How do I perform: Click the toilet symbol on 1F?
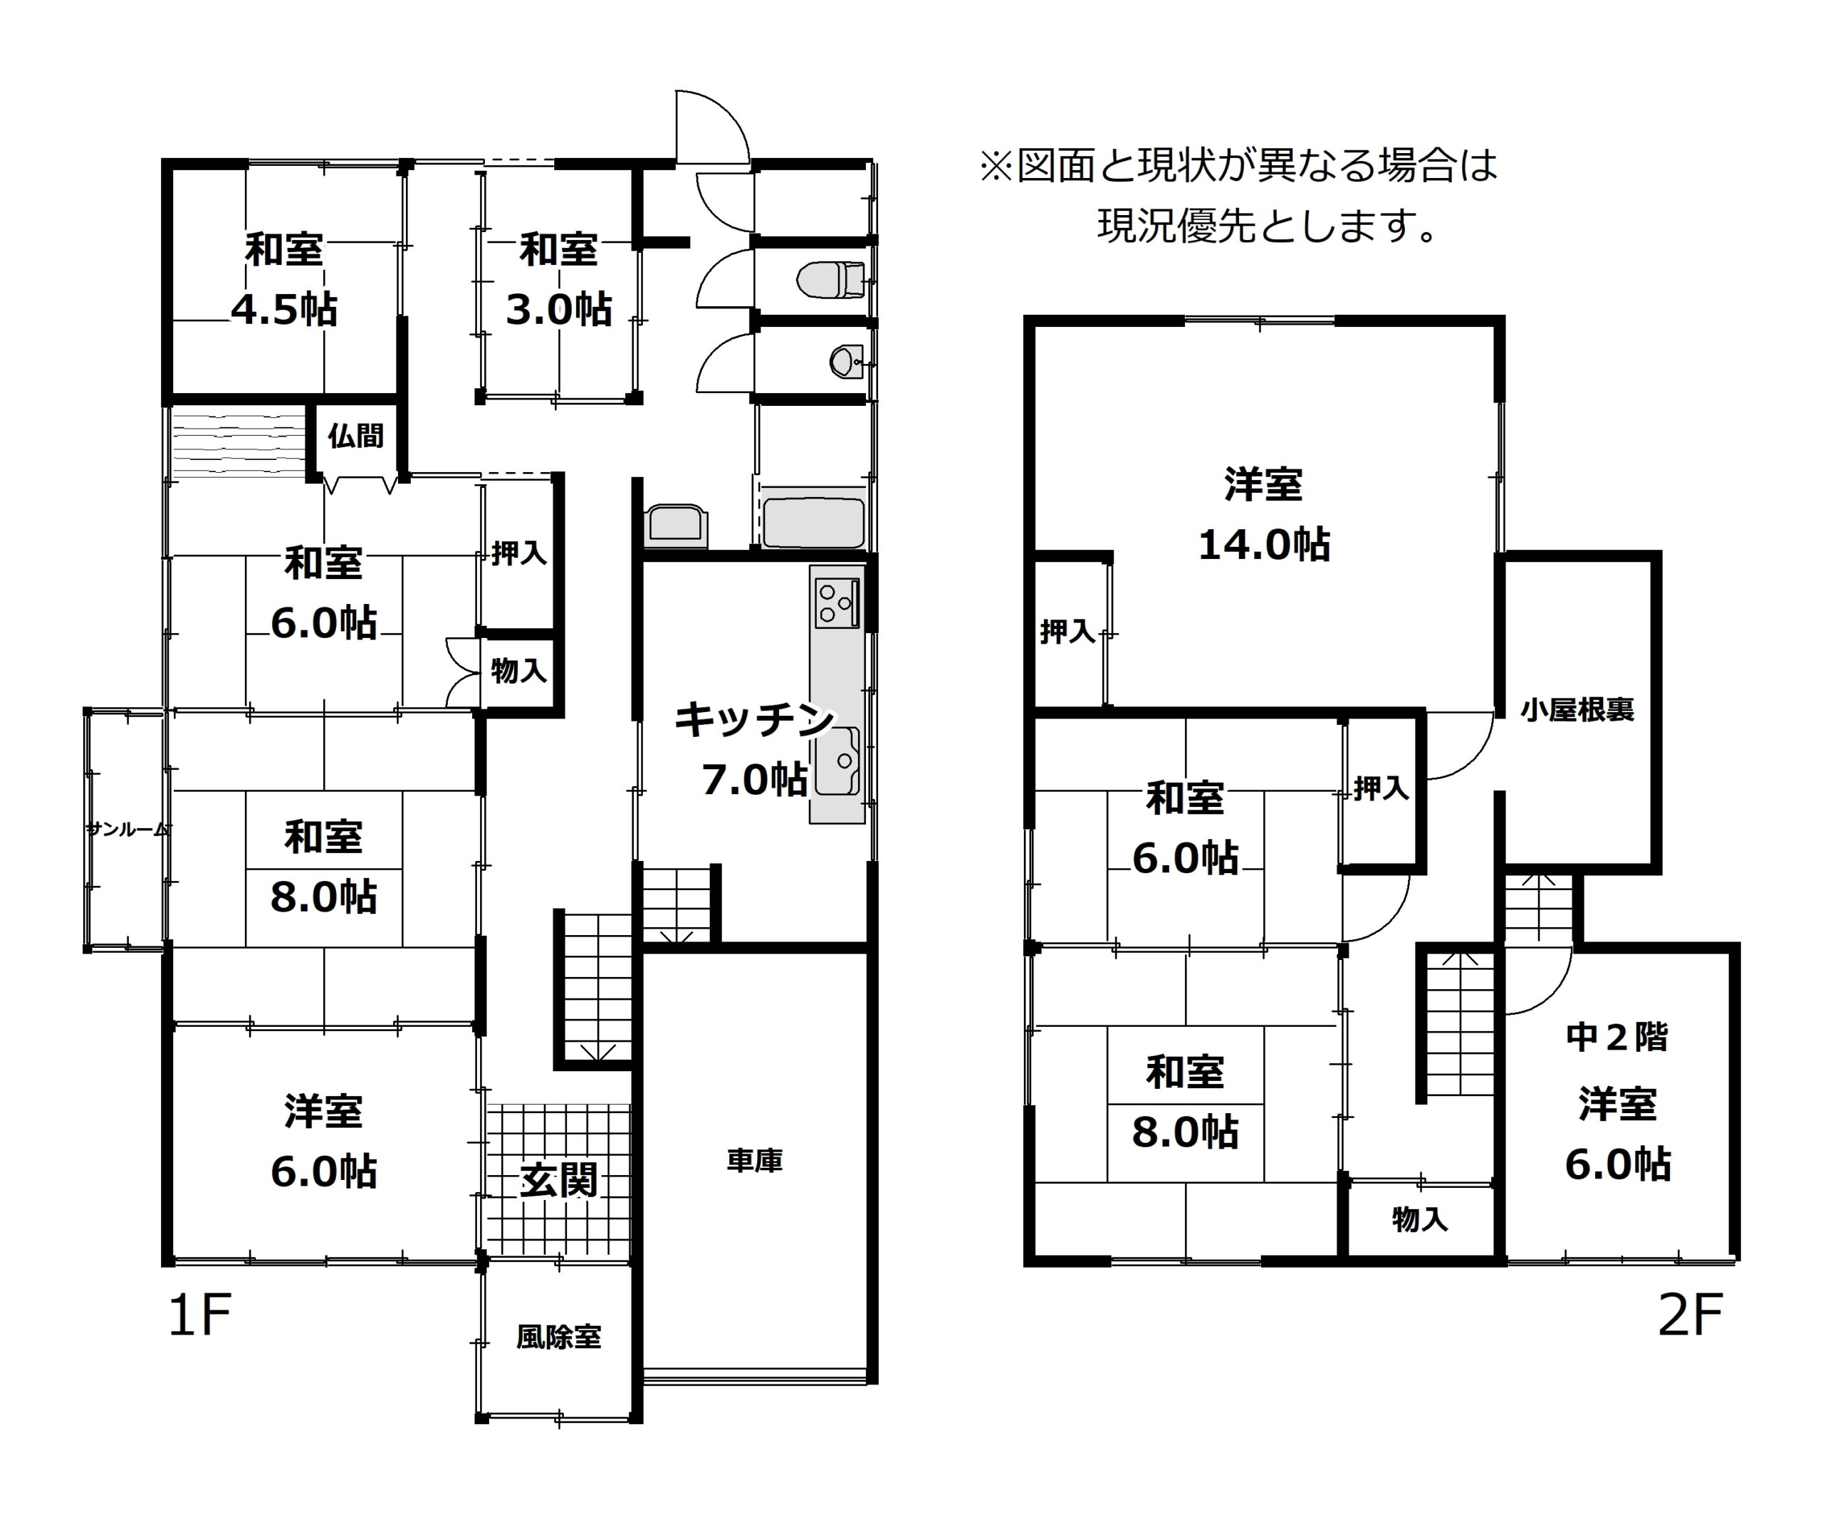(830, 279)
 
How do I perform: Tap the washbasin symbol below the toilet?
(845, 360)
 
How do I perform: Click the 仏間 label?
(356, 436)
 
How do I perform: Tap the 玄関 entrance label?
(559, 1179)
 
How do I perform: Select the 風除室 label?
(559, 1336)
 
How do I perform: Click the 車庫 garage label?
(754, 1161)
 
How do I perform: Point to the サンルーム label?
(126, 829)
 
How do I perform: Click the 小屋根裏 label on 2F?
(1577, 710)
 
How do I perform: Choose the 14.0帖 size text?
(1264, 545)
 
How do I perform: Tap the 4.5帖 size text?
(284, 309)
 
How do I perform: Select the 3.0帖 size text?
(559, 309)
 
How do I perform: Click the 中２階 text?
(1617, 1036)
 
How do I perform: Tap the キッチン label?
(754, 719)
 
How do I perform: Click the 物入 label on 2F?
(1420, 1219)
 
